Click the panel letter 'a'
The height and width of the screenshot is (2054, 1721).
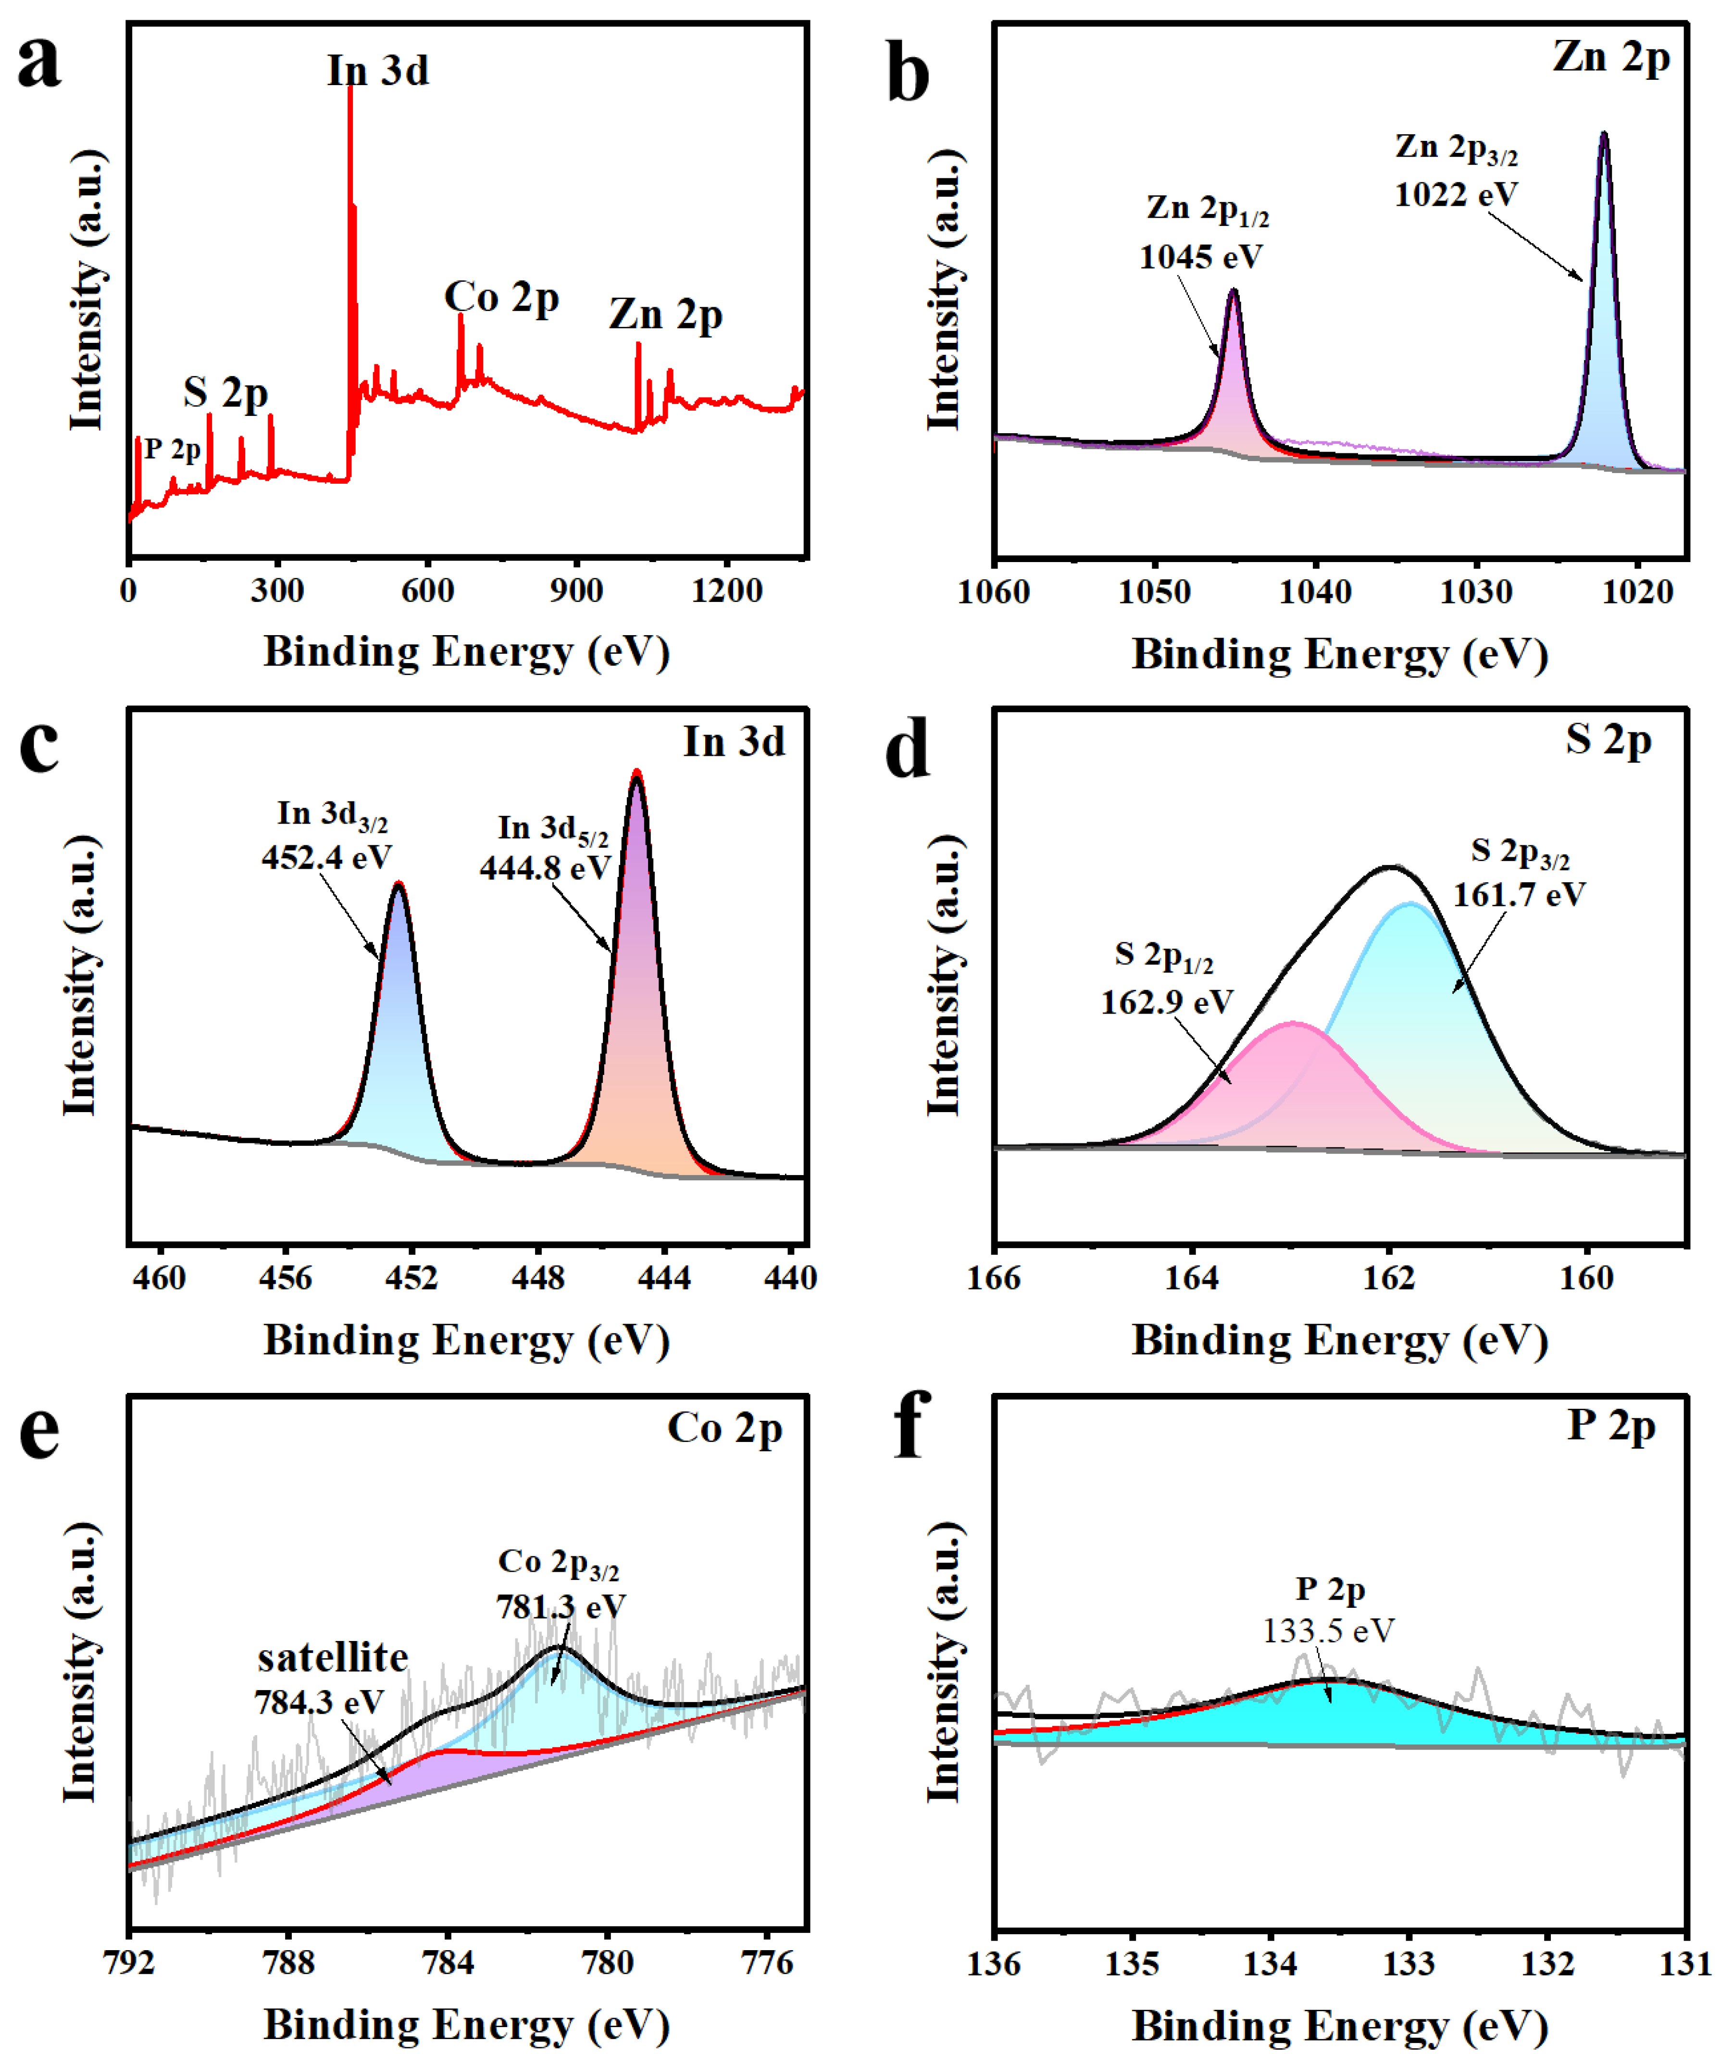(39, 63)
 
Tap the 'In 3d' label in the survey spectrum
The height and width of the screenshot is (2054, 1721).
(377, 70)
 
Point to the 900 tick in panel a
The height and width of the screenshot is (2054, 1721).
(576, 591)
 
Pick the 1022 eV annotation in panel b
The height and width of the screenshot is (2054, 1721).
(1455, 195)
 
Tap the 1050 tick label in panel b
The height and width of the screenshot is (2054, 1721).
(1155, 593)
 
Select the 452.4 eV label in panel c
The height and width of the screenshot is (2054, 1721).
(325, 858)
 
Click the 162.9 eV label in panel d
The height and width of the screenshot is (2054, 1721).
(1167, 1002)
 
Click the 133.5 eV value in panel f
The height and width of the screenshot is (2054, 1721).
(1328, 1630)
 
